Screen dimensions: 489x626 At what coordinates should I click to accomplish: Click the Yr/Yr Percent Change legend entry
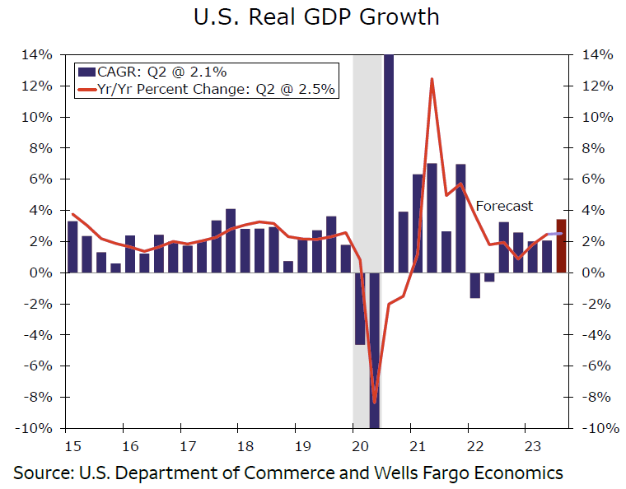[205, 90]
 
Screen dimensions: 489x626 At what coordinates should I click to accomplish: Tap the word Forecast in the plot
[504, 206]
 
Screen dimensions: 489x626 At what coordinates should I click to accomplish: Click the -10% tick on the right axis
[599, 428]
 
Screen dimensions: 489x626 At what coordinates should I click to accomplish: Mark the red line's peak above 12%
[432, 80]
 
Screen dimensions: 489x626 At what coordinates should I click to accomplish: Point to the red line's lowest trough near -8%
[375, 402]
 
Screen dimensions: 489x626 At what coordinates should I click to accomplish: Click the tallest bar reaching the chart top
[389, 123]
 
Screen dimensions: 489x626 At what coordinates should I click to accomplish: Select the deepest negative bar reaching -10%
[375, 354]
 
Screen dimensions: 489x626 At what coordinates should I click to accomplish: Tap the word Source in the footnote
[41, 473]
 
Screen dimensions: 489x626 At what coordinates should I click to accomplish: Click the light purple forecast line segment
[554, 234]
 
